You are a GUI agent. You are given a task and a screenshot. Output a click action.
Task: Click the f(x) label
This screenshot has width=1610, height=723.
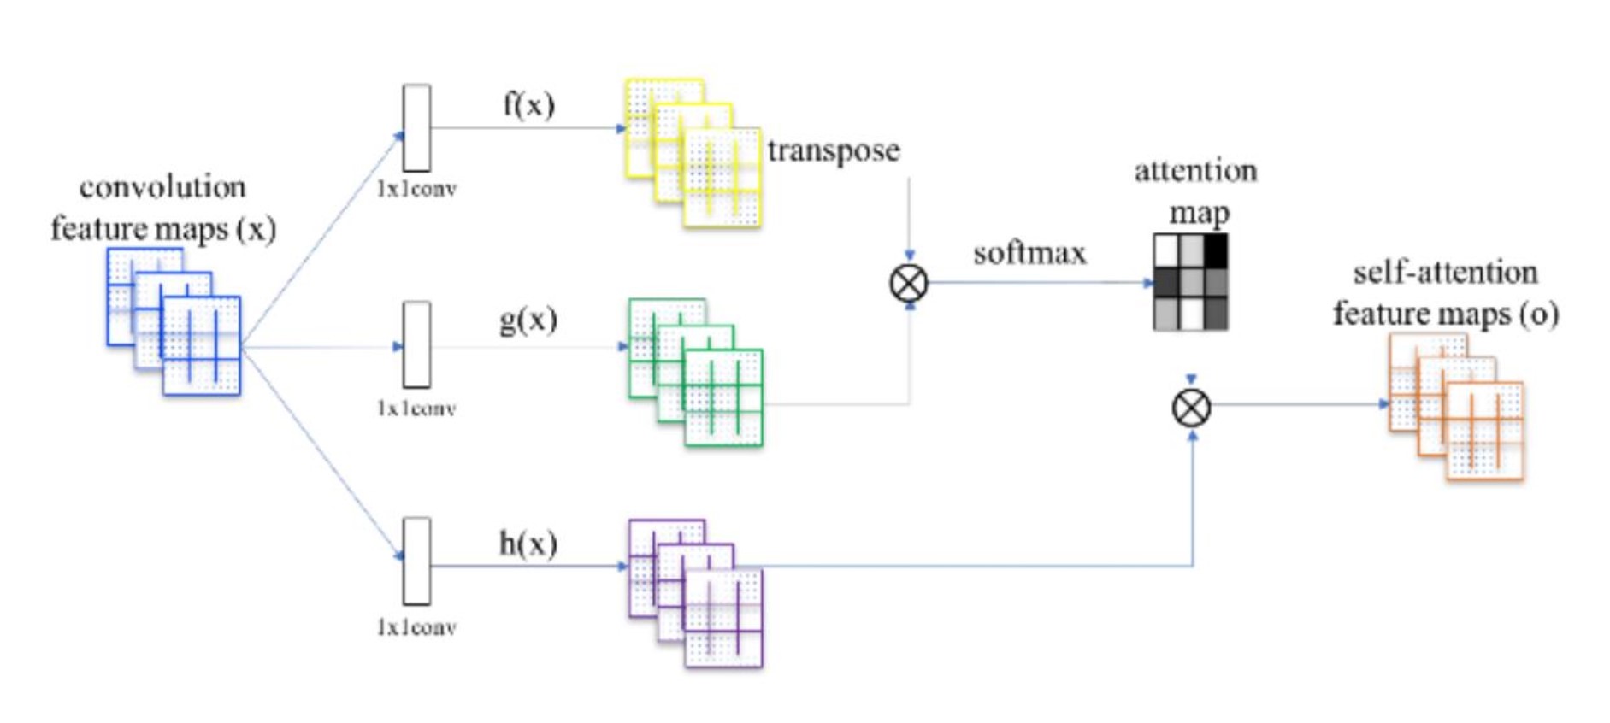tap(528, 105)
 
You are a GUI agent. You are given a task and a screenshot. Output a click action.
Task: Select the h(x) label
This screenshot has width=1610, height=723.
tap(528, 544)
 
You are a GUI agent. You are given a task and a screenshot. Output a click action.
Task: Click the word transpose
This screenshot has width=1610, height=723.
tap(833, 151)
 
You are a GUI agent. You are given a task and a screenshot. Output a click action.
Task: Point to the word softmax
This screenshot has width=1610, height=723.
tap(1029, 253)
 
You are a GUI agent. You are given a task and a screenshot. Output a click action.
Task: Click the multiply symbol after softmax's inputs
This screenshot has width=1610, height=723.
tap(908, 284)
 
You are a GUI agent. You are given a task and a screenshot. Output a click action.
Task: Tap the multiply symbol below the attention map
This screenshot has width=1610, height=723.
tap(1191, 408)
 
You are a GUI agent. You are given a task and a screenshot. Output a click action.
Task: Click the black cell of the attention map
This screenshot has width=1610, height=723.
tap(1215, 250)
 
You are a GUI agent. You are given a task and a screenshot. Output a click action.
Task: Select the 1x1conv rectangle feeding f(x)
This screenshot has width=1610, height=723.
tap(416, 127)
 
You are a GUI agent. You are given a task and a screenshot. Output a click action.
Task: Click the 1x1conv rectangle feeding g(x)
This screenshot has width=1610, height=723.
tap(416, 344)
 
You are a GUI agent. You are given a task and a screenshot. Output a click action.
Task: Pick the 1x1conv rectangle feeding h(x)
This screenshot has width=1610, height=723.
tap(416, 561)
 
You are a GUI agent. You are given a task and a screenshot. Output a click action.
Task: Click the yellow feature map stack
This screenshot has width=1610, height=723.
tap(693, 153)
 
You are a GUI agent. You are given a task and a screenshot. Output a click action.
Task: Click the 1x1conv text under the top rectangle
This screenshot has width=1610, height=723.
tap(416, 189)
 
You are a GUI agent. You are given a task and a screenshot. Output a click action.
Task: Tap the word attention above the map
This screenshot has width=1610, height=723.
tap(1195, 172)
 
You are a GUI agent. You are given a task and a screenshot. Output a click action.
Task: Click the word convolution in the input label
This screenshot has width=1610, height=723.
tap(162, 187)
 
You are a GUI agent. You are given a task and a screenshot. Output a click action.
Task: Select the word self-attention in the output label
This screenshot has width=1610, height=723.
tap(1445, 273)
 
